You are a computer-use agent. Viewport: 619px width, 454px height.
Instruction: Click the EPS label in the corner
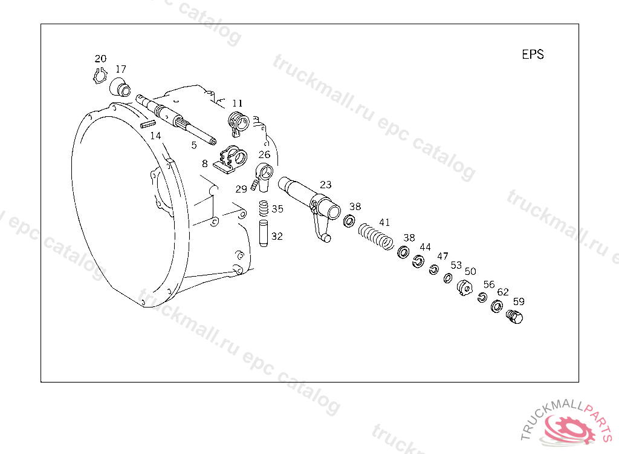coord(533,54)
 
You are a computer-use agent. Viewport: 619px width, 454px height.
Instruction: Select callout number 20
coord(100,59)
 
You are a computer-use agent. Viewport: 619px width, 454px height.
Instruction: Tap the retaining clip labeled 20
coord(100,76)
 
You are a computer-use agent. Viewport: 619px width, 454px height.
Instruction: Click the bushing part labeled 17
coord(120,87)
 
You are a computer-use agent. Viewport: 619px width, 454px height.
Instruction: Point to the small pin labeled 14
coord(148,123)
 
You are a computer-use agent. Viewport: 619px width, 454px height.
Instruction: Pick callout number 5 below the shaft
coord(194,145)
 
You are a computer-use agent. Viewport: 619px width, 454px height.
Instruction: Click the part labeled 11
coord(238,123)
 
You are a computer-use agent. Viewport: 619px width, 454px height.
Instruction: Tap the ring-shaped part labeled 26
coord(264,176)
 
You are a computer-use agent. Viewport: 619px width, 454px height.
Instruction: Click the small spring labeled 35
coord(264,208)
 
